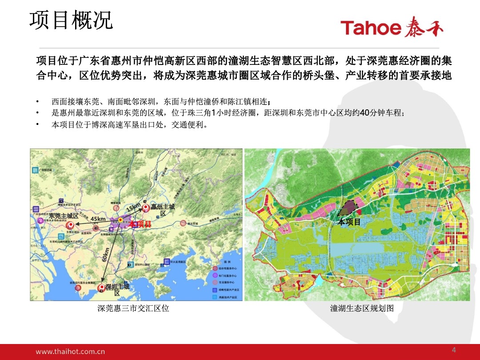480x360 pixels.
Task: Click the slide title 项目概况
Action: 71,21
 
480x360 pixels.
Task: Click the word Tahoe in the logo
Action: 371,28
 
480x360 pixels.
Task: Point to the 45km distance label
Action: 98,219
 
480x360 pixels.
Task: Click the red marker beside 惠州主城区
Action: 145,207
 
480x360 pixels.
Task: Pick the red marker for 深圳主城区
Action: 101,288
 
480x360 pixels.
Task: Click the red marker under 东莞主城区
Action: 69,225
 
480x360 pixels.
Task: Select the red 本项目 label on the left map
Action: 140,224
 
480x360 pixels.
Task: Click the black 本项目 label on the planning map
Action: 349,222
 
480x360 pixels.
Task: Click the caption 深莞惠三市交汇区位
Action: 133,308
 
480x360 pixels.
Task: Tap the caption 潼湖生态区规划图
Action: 362,308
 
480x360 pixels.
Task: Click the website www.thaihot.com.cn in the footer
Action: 70,351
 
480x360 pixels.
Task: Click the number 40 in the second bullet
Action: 364,113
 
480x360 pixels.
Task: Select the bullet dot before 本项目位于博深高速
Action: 38,125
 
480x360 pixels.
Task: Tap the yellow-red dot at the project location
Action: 120,220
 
